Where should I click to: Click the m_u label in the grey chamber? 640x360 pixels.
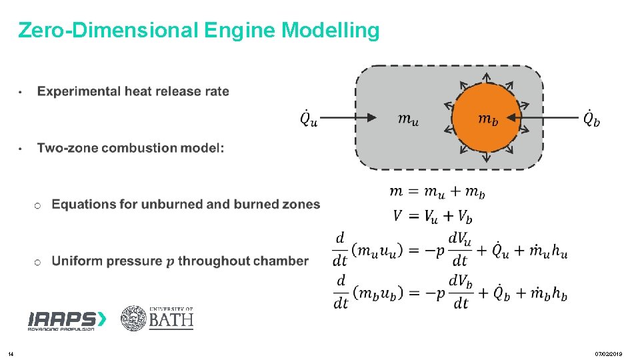408,119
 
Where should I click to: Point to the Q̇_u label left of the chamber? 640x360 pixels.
309,118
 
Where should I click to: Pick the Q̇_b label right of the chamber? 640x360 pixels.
591,118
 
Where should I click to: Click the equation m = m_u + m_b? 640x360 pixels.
437,193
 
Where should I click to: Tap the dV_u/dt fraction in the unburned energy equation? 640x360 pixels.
459,249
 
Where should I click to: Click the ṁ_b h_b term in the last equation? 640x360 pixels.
551,294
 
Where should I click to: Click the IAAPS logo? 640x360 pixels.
66,321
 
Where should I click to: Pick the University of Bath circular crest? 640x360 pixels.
133,319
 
